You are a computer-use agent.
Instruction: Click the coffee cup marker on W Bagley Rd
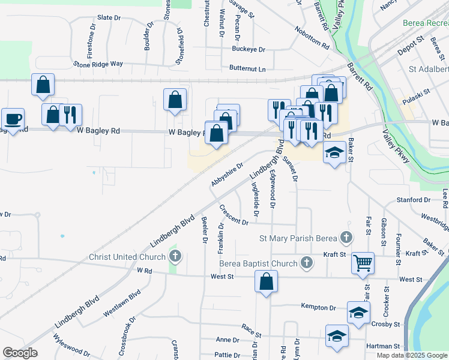[x=12, y=119]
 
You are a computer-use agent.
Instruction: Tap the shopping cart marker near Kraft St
[x=363, y=263]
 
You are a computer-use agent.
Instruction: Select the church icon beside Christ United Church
[x=175, y=257]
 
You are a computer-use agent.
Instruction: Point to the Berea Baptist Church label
[x=258, y=263]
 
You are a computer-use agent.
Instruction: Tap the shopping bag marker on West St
[x=266, y=281]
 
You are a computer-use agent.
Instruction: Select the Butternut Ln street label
[x=247, y=69]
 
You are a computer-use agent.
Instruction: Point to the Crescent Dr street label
[x=234, y=216]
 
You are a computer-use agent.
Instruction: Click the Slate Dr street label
[x=109, y=18]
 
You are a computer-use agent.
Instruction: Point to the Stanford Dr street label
[x=413, y=199]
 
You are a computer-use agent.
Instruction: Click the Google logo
[x=20, y=353]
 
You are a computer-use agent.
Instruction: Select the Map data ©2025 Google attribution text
[x=412, y=355]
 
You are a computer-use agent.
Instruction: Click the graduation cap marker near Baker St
[x=334, y=152]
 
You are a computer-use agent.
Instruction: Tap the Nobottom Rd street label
[x=312, y=38]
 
